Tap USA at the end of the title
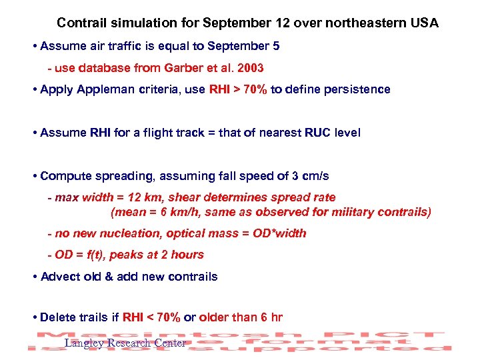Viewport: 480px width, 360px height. coord(425,23)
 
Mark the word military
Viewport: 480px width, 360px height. coord(352,212)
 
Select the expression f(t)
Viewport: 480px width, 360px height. coord(95,255)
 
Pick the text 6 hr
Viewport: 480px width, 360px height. coord(268,317)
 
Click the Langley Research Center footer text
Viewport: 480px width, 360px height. coord(125,343)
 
